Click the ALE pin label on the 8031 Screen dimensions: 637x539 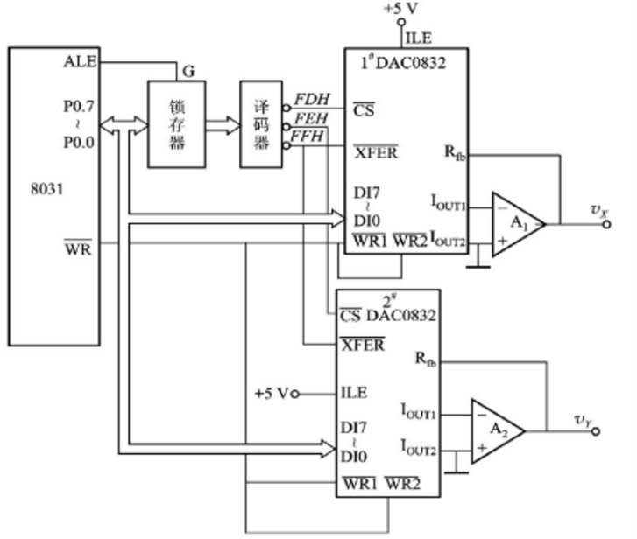click(80, 61)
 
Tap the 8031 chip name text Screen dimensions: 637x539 click(46, 189)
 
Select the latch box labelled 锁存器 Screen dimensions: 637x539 click(177, 124)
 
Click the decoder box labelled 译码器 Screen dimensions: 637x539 click(261, 124)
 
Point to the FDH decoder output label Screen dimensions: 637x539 click(312, 99)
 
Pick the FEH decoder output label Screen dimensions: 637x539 click(311, 118)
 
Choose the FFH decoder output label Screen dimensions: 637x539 click(307, 136)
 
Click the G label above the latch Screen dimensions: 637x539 click(188, 72)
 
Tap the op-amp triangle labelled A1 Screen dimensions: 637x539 click(519, 224)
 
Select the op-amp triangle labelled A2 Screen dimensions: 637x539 click(498, 431)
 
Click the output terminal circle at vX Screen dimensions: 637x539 click(606, 224)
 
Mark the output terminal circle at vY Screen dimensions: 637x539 click(596, 431)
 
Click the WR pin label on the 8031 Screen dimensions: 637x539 click(78, 248)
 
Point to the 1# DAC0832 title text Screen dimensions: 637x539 click(403, 63)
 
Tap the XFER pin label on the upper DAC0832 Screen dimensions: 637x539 click(376, 152)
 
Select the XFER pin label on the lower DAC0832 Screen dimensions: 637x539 click(363, 345)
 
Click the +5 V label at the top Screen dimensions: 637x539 click(400, 9)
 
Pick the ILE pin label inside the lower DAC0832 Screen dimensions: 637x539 click(354, 393)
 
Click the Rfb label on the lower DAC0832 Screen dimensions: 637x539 click(425, 359)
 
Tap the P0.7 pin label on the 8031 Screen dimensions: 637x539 click(79, 106)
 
